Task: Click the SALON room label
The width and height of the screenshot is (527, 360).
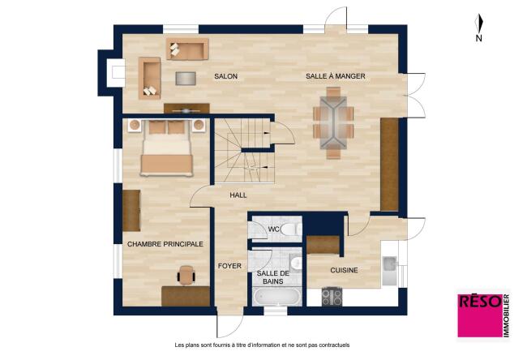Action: [x=226, y=76]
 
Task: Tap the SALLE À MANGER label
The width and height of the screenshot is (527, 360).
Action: [x=336, y=76]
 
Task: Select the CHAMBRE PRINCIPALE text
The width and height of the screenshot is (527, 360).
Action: [x=165, y=244]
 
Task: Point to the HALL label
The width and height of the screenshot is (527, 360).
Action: [x=238, y=195]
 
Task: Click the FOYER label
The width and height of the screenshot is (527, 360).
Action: [x=229, y=266]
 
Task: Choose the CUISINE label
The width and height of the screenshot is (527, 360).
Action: [x=344, y=270]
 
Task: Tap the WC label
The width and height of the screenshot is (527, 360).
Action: [x=273, y=229]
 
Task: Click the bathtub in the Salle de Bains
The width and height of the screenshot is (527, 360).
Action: [x=277, y=297]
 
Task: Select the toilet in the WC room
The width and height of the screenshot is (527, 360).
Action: [x=291, y=229]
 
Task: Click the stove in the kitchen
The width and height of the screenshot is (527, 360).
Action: [x=332, y=297]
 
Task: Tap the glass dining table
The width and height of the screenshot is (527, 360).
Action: [x=333, y=122]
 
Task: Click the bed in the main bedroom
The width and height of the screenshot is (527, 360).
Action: [x=167, y=148]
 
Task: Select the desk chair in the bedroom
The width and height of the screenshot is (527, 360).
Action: [x=186, y=275]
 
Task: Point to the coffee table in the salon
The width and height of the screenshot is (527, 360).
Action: [x=186, y=79]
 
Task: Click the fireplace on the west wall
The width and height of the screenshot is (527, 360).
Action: [x=116, y=72]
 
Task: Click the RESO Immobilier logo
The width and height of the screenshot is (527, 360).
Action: [x=484, y=315]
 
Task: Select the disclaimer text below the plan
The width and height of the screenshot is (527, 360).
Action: [x=262, y=345]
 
